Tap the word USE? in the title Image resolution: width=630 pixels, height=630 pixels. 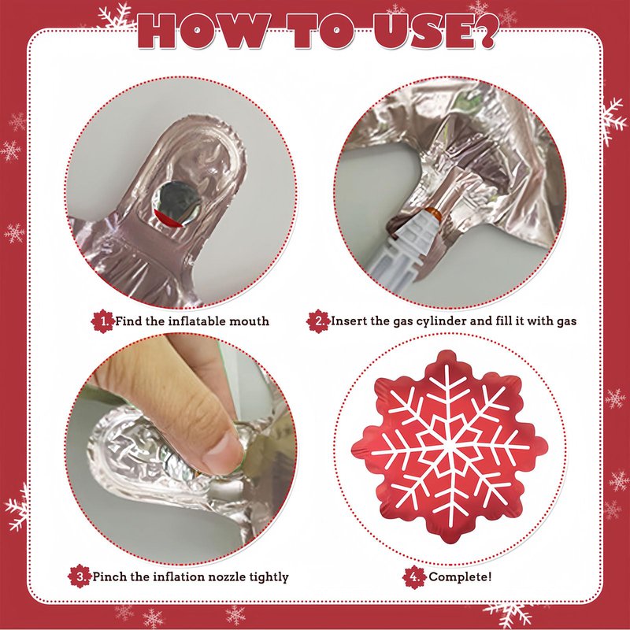[436, 31]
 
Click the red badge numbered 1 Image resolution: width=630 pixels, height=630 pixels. [102, 321]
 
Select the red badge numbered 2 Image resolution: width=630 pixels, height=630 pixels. [318, 321]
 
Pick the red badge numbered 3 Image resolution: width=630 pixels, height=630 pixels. [80, 576]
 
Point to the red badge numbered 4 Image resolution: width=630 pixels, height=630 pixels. [414, 577]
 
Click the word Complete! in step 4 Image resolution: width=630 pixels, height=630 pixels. [460, 577]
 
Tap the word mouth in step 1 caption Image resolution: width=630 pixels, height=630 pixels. [249, 321]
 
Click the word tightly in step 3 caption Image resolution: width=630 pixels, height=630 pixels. [269, 577]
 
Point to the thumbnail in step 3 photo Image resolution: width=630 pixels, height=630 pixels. [223, 452]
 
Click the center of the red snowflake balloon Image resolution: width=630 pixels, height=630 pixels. [449, 447]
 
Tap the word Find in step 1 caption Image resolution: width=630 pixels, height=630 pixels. [129, 321]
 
